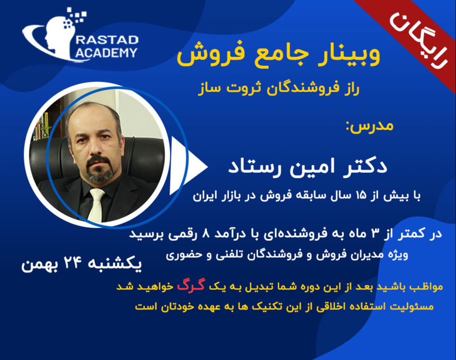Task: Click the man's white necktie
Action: [96, 205]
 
